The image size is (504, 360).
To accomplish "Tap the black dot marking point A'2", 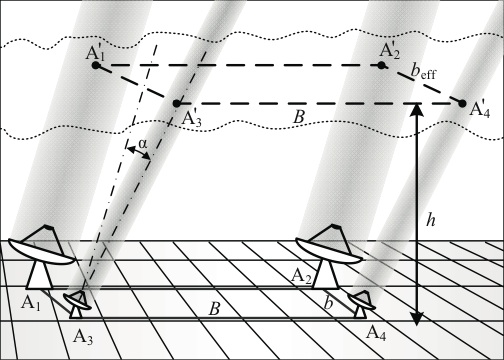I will tap(382, 66).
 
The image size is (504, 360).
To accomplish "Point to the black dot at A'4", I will tap(463, 102).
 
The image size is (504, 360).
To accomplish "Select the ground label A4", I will tap(375, 330).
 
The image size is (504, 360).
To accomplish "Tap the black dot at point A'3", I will tap(176, 103).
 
